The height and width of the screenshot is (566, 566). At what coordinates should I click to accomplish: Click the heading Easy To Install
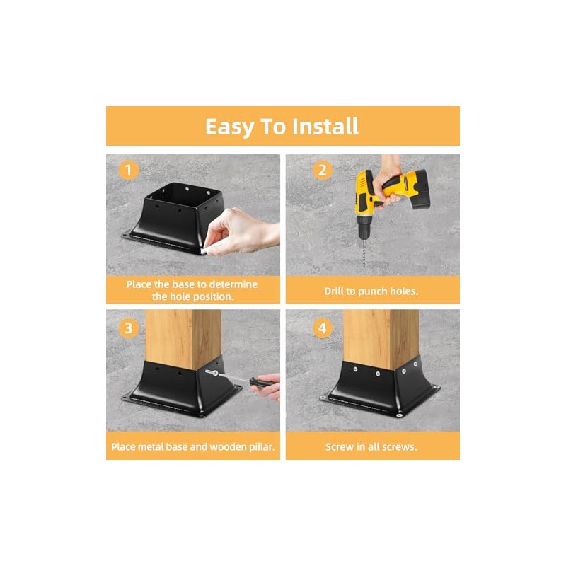[282, 126]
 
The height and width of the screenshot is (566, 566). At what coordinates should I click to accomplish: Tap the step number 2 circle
[323, 170]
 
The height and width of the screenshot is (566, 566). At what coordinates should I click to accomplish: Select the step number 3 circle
[127, 328]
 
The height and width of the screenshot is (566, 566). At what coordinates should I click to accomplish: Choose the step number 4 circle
[323, 328]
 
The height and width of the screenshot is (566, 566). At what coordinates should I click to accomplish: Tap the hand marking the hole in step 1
[244, 230]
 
